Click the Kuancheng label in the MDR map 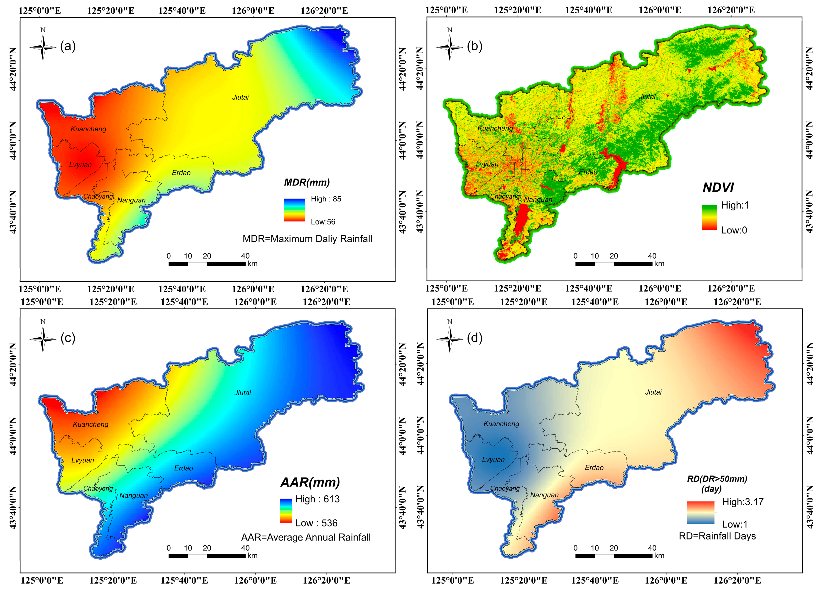coord(89,129)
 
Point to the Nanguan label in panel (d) coord(544,495)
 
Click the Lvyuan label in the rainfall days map coord(493,460)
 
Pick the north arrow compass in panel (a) coord(43,46)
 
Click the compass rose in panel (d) coord(449,338)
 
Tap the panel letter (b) coord(475,46)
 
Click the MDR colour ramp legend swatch coord(294,210)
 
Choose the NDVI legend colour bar coord(709,217)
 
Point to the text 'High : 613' coord(317,499)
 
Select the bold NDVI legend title coord(718,188)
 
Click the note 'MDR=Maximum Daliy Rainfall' coord(307,239)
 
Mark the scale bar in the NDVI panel coord(614,264)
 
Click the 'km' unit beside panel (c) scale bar coord(252,556)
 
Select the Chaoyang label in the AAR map coord(98,488)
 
